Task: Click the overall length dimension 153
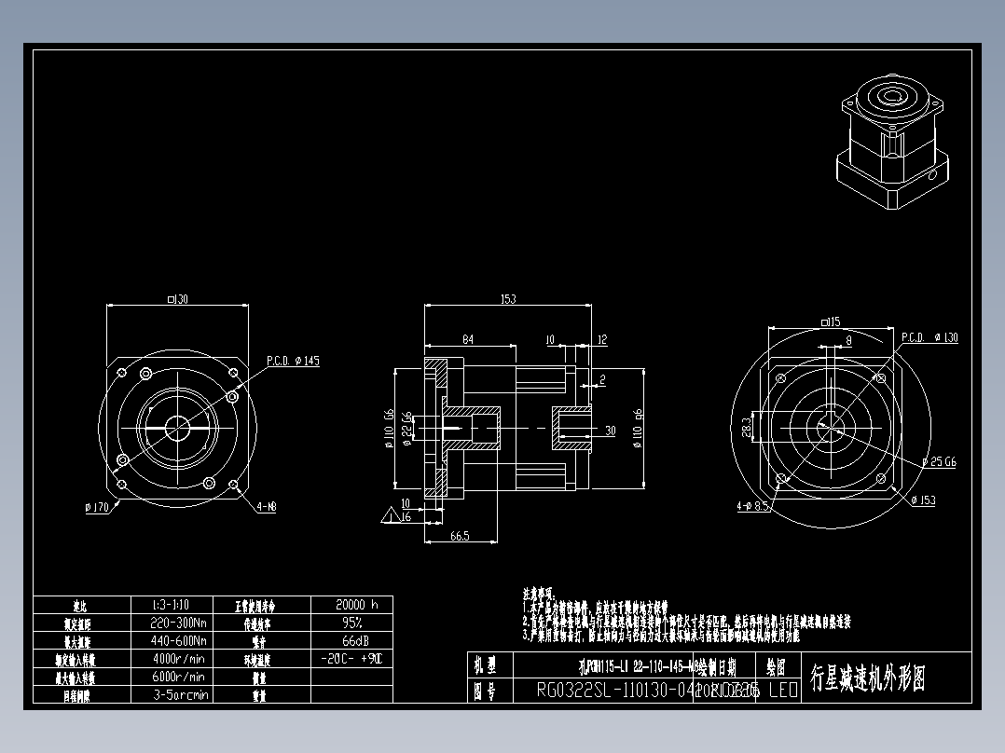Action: click(x=508, y=299)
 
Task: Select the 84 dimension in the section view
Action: click(x=468, y=339)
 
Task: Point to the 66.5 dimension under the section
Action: click(x=459, y=536)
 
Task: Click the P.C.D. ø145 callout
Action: click(x=293, y=361)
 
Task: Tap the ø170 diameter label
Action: click(x=97, y=507)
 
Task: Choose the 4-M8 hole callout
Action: click(x=266, y=507)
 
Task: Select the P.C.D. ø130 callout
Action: click(x=929, y=337)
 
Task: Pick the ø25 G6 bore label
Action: click(x=939, y=461)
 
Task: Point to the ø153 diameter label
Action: click(x=922, y=500)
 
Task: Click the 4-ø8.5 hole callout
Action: click(x=752, y=507)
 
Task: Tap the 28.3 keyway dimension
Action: click(x=747, y=427)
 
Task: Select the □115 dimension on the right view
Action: click(x=830, y=322)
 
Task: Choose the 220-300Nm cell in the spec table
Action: click(x=178, y=623)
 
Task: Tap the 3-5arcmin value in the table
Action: click(x=180, y=694)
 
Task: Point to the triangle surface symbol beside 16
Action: click(x=388, y=513)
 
